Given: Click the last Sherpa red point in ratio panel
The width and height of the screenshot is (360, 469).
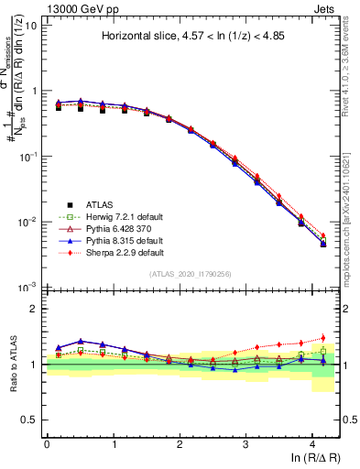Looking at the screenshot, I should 322,338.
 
